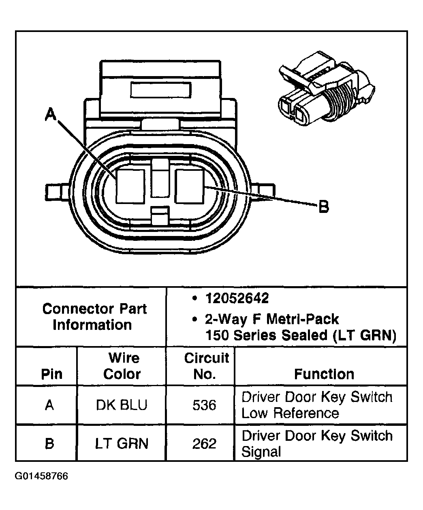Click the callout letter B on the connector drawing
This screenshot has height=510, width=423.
click(323, 207)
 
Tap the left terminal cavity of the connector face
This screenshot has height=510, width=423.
click(130, 186)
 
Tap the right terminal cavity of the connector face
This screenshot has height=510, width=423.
click(189, 186)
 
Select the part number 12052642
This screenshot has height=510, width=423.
click(237, 298)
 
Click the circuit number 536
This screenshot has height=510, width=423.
click(204, 405)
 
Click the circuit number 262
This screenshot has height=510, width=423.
click(204, 444)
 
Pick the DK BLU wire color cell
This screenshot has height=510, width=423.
click(122, 405)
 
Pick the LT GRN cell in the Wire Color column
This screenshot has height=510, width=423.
click(122, 444)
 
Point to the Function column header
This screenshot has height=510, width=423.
click(324, 374)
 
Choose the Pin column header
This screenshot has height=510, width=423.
click(52, 374)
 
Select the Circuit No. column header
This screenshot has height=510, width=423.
click(206, 366)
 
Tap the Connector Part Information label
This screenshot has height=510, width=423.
click(94, 317)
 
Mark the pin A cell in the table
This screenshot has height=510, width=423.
click(49, 405)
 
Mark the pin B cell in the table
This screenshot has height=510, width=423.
click(49, 444)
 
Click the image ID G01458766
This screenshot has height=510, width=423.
click(41, 476)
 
